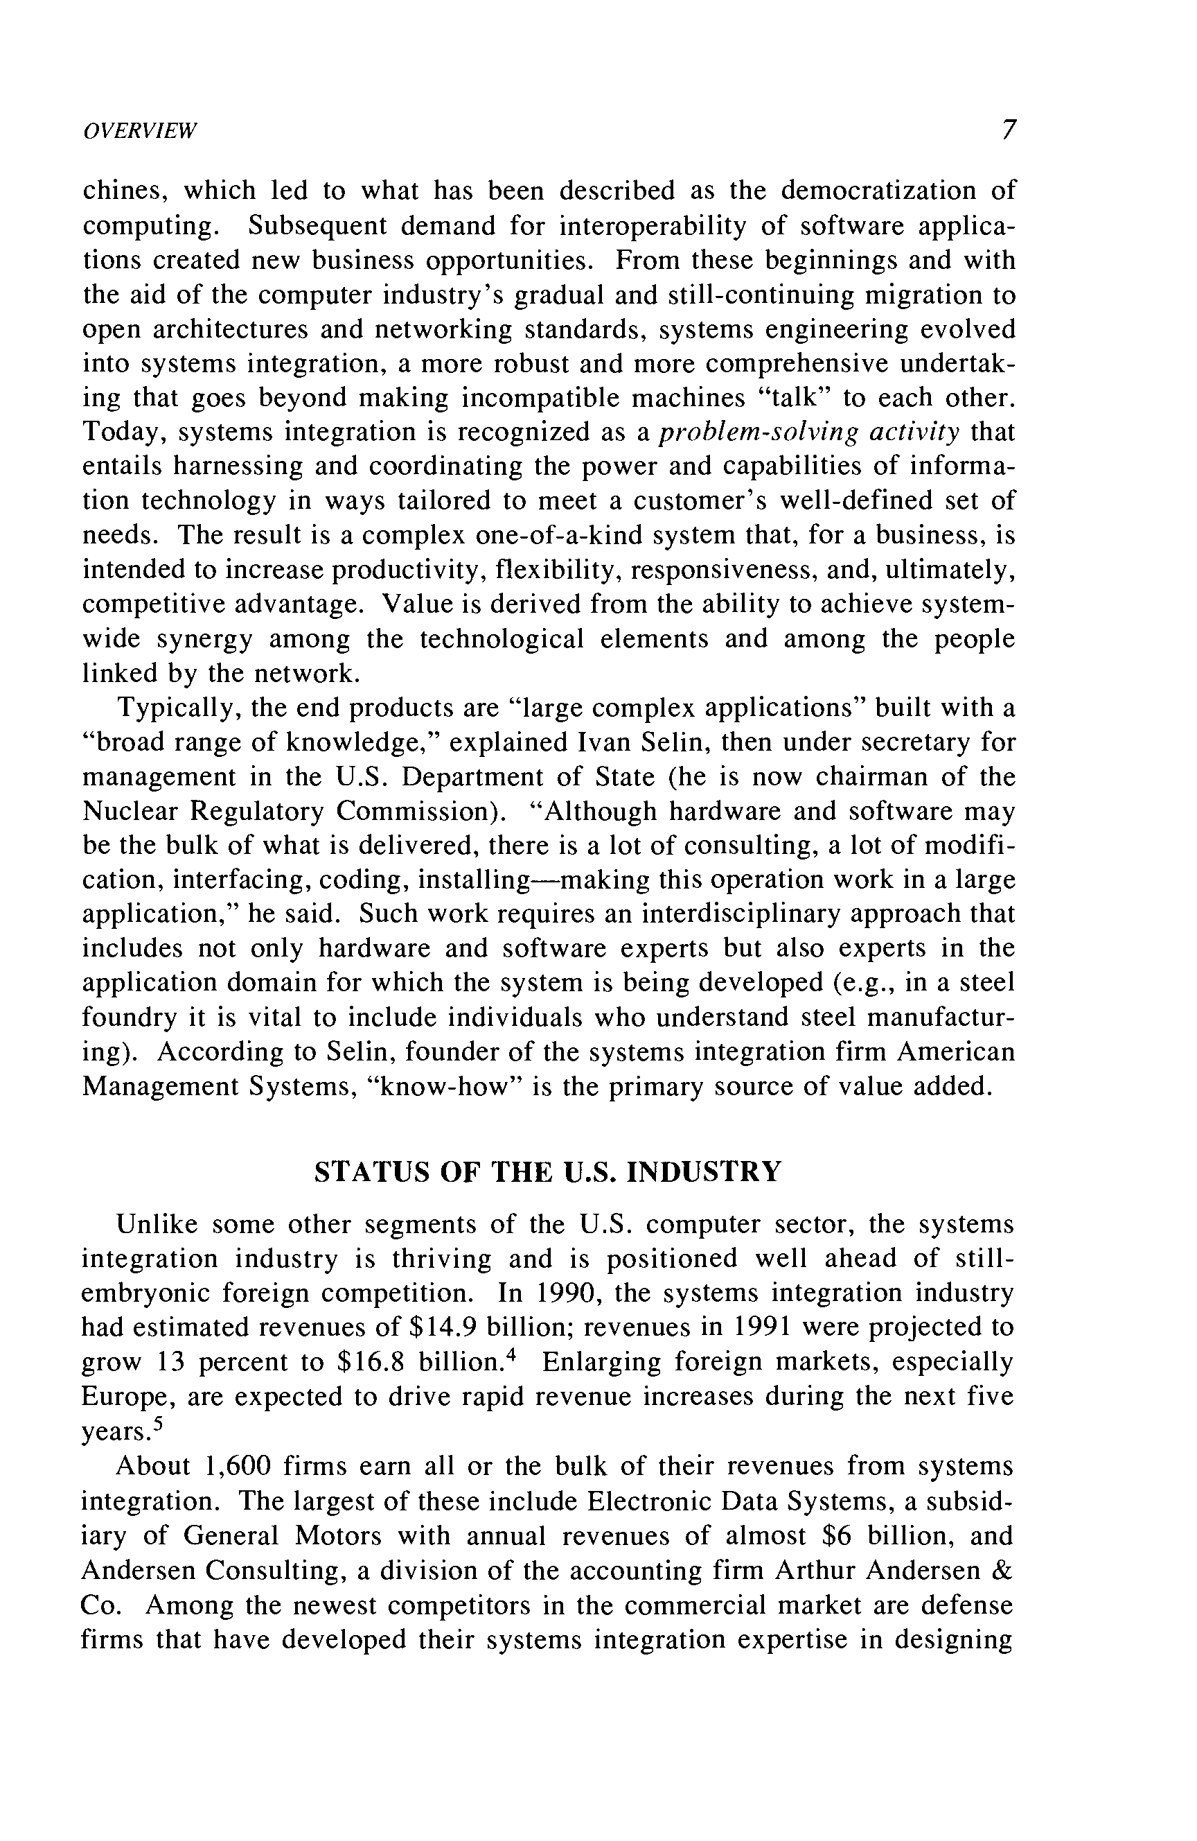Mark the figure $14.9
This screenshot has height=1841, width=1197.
(x=441, y=1327)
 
